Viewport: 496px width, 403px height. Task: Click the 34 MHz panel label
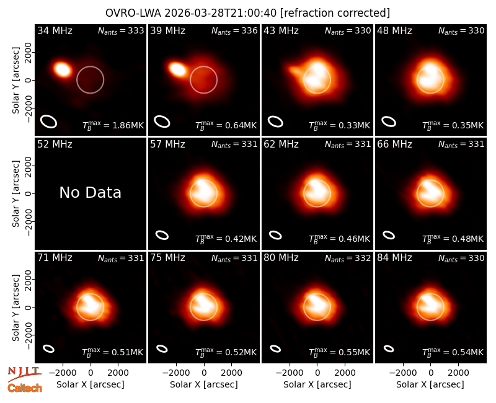point(55,30)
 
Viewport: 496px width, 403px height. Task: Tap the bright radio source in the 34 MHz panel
point(63,69)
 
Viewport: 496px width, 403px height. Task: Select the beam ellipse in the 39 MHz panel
point(162,122)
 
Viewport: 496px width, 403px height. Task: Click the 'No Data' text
point(91,192)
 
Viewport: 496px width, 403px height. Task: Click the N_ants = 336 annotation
point(234,30)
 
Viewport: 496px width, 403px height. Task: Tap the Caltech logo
point(25,387)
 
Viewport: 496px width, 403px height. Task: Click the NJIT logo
point(24,373)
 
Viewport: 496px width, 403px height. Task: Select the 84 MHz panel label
point(394,258)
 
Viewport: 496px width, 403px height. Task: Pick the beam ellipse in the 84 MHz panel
point(389,348)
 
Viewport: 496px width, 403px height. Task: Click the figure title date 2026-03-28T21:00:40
point(221,13)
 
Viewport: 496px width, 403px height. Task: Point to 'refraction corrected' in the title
point(335,13)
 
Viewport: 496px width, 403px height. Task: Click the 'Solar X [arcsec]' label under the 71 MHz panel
point(91,384)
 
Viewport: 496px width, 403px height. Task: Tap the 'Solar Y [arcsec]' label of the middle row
point(16,193)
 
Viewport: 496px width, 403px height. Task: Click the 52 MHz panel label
point(55,144)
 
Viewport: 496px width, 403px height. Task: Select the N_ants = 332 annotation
point(348,258)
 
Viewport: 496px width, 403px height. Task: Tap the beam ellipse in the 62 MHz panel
point(275,235)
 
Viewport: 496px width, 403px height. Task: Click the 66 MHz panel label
point(394,144)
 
